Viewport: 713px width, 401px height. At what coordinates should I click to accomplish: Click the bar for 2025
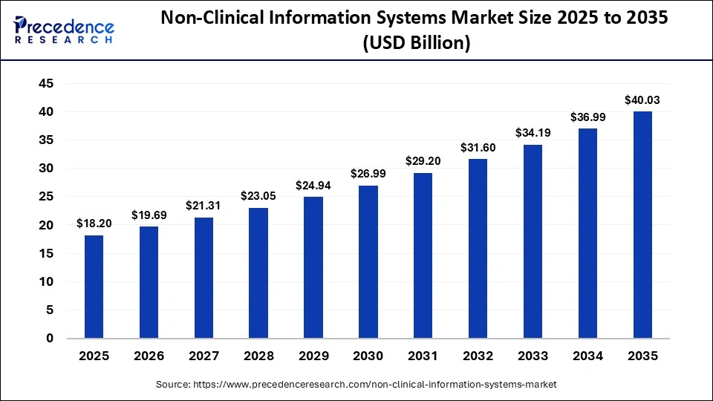94,287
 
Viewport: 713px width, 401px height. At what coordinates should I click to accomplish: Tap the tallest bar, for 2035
642,225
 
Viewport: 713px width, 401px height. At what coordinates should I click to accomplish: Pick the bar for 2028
258,273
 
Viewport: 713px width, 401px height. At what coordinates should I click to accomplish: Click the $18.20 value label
94,224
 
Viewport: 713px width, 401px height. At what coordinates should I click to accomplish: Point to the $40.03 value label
642,100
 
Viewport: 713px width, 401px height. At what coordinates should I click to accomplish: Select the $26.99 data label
368,174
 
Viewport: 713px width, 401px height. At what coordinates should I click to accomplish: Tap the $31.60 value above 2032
478,147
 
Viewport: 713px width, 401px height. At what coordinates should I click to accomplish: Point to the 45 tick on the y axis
45,84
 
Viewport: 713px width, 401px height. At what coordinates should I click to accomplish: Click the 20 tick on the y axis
45,225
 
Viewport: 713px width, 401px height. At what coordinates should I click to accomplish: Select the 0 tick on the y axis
50,339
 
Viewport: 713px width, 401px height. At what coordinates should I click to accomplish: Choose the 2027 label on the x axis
204,356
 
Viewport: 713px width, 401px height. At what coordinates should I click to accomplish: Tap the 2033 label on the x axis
533,356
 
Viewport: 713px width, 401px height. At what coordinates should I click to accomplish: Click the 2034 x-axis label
587,356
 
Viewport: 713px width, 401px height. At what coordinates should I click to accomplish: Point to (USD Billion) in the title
416,44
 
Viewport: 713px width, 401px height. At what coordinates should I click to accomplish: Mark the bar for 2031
423,255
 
